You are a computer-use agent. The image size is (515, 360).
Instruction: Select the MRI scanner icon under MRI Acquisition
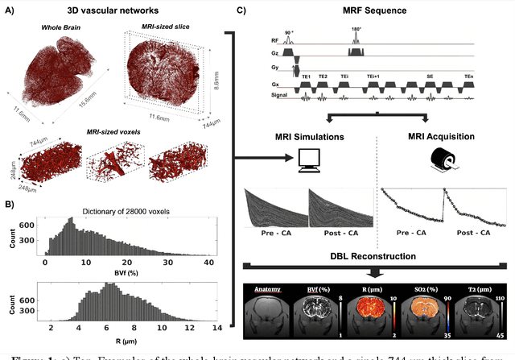point(443,161)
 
